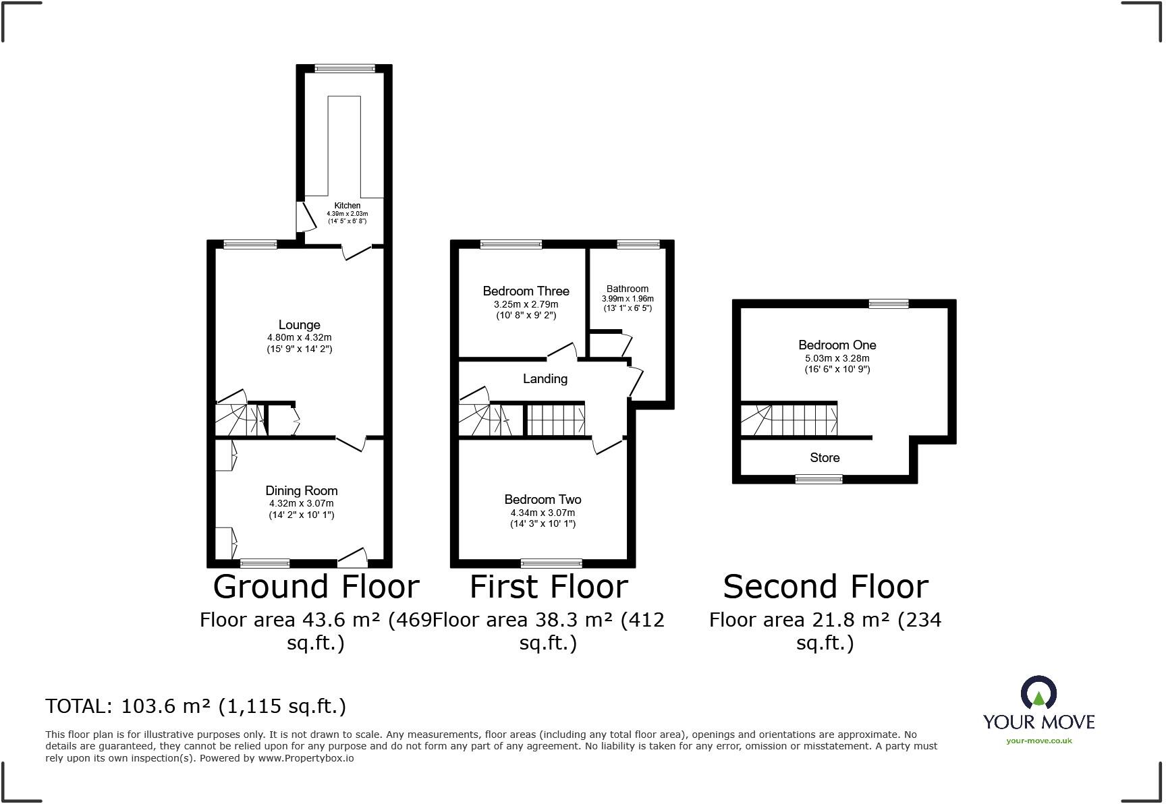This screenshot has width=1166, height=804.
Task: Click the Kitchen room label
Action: pos(348,205)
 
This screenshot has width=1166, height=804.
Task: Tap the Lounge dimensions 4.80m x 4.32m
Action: pos(299,337)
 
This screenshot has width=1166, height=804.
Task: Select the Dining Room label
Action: pos(301,490)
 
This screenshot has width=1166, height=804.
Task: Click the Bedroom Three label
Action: pos(526,291)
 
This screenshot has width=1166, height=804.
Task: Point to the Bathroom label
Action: pos(627,289)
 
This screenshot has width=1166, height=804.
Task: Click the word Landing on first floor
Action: pos(545,378)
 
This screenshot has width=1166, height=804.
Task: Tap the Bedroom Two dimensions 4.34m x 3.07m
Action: pos(543,513)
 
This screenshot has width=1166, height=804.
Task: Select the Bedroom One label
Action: pos(837,345)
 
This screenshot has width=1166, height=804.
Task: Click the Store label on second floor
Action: pos(825,457)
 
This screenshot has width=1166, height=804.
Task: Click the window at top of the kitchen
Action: pos(345,68)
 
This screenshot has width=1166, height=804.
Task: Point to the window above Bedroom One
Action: pos(888,304)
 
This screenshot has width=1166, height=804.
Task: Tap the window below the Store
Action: pos(818,480)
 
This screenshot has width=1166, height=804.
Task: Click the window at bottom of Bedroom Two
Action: pos(551,564)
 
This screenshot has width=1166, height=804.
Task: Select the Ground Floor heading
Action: pos(316,586)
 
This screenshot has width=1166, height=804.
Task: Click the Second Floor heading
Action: pos(825,586)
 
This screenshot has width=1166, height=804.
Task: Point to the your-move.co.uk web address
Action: pos(1038,741)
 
